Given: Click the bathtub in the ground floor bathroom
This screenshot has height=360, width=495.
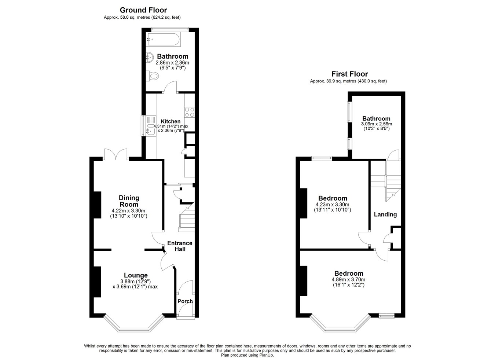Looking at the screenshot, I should tap(163, 40).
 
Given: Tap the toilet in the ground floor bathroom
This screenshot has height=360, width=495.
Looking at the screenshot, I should tap(153, 76).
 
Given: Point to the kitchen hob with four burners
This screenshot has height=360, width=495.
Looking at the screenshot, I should tap(190, 112).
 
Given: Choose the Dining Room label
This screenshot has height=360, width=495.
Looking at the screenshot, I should tap(129, 201).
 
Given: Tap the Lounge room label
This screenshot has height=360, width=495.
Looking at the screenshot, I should tap(136, 275).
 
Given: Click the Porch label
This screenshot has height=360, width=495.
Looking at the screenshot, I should tap(185, 301).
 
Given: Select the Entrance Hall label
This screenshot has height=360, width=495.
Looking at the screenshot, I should tap(180, 246).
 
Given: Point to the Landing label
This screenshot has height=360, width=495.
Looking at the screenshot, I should tap(385, 214).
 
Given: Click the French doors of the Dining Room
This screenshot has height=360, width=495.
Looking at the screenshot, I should tap(116, 154).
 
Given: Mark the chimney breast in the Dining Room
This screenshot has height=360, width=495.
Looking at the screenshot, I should tap(98, 205).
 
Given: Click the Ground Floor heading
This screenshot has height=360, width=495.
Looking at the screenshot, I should tap(143, 10).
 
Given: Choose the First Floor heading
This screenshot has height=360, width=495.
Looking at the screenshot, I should tap(349, 74).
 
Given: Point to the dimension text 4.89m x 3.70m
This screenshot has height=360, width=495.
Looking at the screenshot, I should tap(348, 279).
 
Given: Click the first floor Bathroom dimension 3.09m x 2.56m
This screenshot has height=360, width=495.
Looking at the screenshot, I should tap(376, 124).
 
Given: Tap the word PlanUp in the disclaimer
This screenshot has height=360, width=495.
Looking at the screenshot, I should tap(266, 355).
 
